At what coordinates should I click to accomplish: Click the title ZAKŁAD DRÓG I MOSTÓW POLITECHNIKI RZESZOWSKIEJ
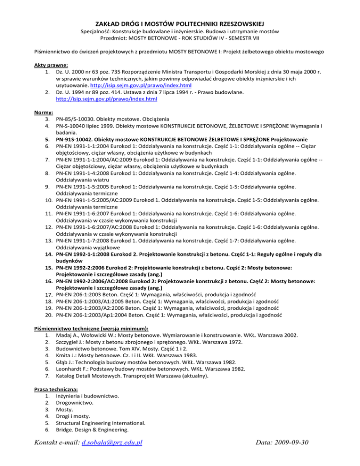point(180,23)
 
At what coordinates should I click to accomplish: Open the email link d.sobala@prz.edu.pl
point(112,442)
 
